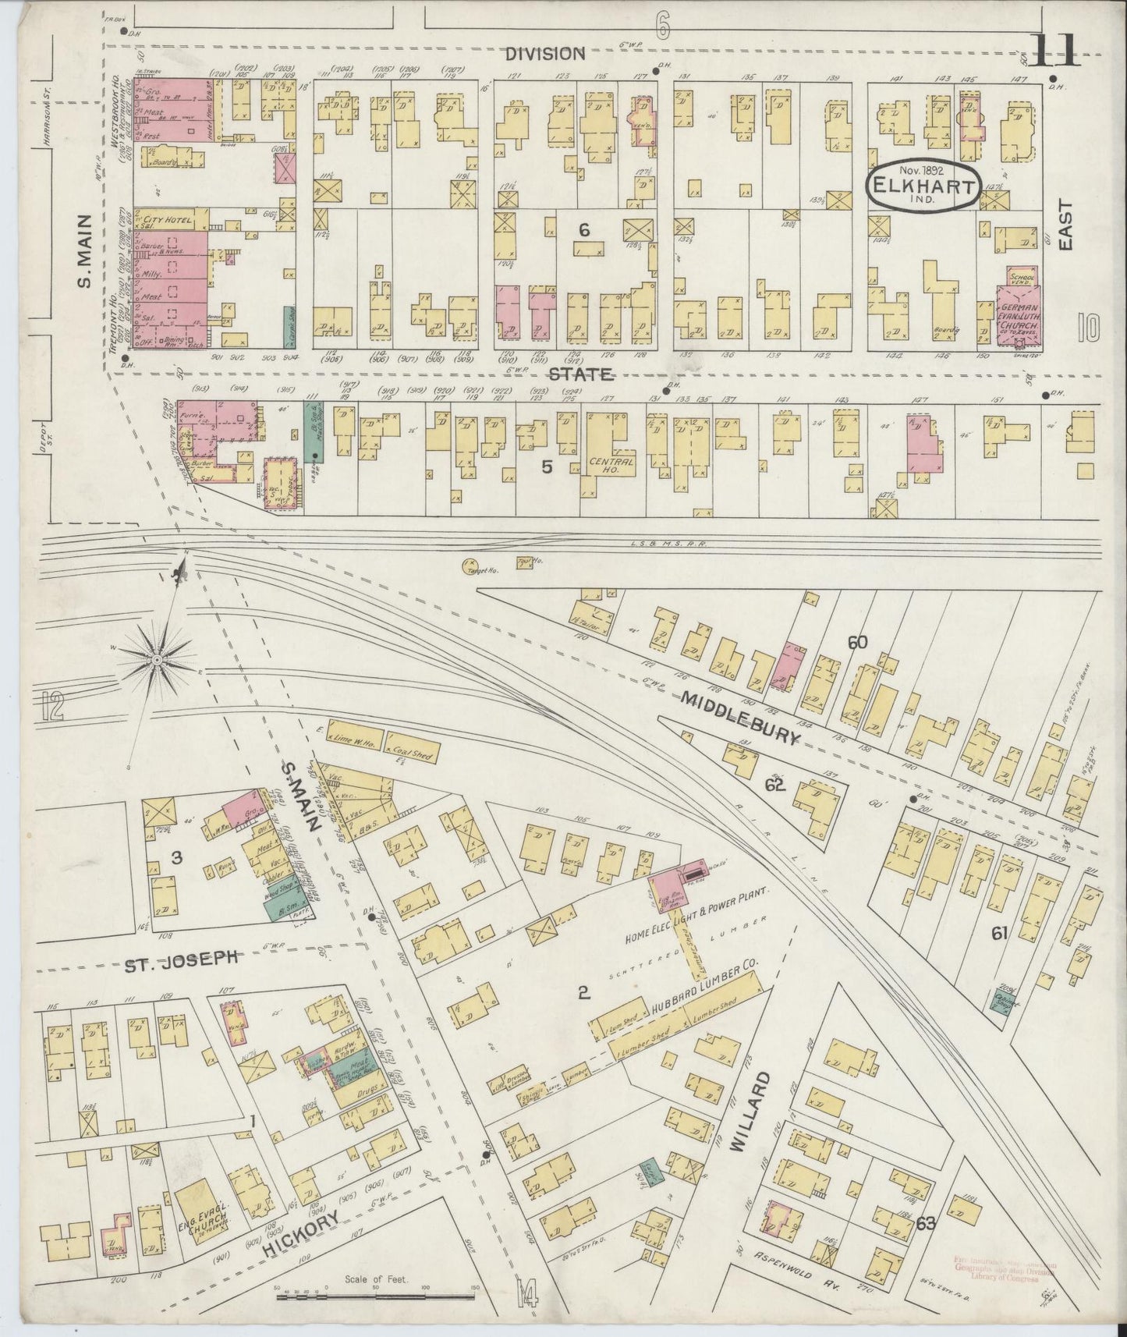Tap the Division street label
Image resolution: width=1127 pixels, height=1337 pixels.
[544, 53]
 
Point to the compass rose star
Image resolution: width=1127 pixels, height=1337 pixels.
[157, 661]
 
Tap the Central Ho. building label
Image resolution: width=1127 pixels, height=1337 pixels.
[613, 463]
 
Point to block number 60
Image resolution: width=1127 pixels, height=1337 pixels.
[857, 643]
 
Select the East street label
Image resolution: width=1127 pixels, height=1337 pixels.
[1065, 226]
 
